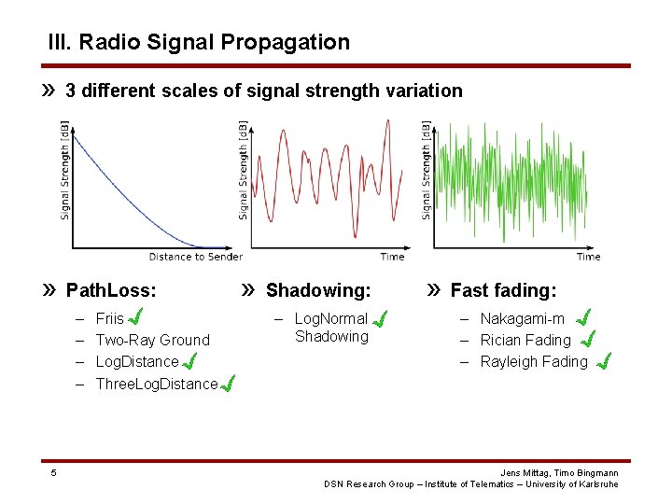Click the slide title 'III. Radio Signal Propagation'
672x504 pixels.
pos(199,42)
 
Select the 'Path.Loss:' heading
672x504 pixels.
pos(111,290)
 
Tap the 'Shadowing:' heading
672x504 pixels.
pos(318,290)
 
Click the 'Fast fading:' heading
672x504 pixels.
pos(503,290)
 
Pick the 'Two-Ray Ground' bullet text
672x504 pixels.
pos(153,340)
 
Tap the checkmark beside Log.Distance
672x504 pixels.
pos(189,360)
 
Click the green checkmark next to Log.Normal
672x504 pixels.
pos(380,320)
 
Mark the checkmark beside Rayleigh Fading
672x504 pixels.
pos(604,360)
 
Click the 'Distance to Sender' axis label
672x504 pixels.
pos(195,257)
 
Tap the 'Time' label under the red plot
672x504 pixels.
pos(393,257)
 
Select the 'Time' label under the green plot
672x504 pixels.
pos(588,257)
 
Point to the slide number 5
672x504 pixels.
pos(53,472)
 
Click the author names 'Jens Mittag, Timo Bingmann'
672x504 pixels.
pos(559,473)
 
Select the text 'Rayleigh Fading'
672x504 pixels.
pos(534,361)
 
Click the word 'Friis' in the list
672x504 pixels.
pos(110,318)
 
